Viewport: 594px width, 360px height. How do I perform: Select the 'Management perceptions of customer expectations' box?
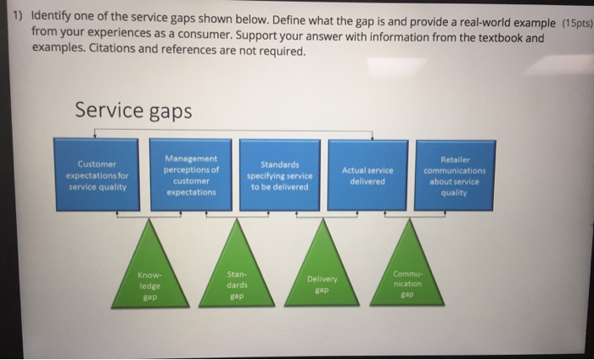point(192,175)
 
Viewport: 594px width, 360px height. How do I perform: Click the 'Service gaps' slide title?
point(133,110)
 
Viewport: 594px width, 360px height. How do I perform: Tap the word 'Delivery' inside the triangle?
point(322,278)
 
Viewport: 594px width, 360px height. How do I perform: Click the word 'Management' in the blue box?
point(192,158)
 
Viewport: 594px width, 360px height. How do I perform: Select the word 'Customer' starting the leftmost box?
point(97,164)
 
